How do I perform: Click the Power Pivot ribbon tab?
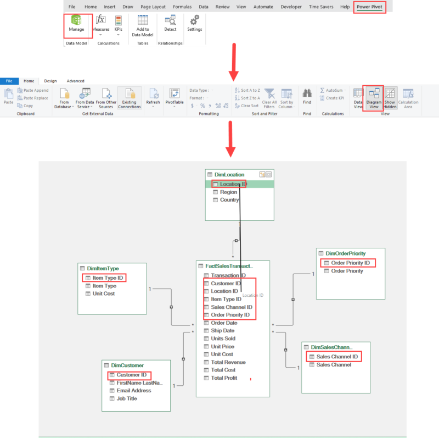(369, 7)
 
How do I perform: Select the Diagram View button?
(375, 98)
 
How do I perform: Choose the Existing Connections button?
(130, 98)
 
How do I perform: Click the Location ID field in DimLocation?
(233, 184)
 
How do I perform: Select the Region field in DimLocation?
(228, 192)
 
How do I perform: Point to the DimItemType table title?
(103, 269)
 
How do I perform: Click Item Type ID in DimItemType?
(108, 278)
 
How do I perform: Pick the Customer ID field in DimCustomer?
(131, 375)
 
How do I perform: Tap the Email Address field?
(134, 391)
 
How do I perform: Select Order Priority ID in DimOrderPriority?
(350, 263)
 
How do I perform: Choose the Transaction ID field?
(228, 275)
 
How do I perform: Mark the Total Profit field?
(224, 378)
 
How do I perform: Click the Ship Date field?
(222, 331)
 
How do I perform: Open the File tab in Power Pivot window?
(9, 81)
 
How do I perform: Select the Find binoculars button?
(307, 96)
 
